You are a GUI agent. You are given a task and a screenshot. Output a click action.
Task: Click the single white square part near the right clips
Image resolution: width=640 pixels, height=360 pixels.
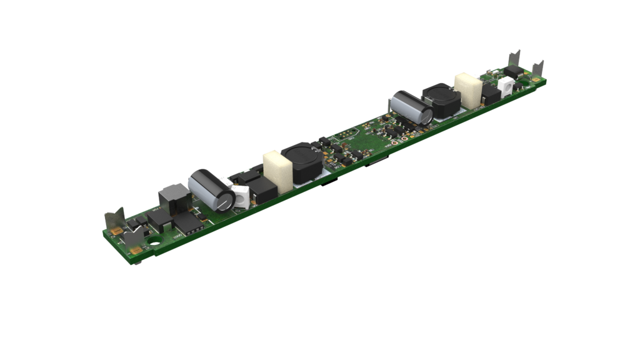pos(504,86)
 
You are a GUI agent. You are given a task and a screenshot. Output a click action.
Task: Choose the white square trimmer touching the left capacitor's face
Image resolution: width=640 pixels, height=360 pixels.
pos(241,196)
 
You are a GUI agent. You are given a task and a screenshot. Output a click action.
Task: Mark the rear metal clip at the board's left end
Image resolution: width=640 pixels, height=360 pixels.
pos(114,220)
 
